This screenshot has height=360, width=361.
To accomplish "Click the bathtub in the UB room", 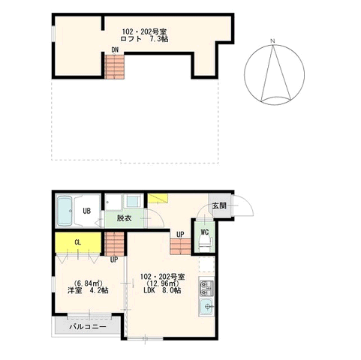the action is point(65,211).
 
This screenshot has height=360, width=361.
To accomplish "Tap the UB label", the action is point(87,211).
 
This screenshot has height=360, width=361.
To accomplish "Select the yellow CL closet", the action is point(78,243).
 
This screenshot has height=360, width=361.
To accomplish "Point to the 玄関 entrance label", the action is point(219,205).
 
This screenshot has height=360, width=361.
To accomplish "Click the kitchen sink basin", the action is point(206,307).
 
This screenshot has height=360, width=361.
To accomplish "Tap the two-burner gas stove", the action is point(206,288).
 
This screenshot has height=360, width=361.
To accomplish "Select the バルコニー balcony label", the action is point(88,327).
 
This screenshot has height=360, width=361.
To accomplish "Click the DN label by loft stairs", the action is point(115,50).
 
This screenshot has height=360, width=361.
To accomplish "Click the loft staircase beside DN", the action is point(114,67).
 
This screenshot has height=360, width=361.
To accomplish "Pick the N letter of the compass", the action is point(272,41).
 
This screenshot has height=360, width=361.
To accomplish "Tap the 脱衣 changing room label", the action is point(125,218).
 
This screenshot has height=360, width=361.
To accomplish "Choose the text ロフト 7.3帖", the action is point(144,39).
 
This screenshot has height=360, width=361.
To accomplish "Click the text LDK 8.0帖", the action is point(163,290).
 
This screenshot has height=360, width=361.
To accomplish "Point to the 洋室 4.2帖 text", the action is point(88,290).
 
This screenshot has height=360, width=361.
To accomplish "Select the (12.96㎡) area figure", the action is point(163,283).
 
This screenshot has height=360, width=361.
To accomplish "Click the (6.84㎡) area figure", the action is point(88,283).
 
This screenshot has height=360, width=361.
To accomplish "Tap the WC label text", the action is point(205,232).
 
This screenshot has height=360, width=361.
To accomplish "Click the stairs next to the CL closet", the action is point(114,244).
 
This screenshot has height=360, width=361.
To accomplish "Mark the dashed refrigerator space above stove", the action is point(206,265).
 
